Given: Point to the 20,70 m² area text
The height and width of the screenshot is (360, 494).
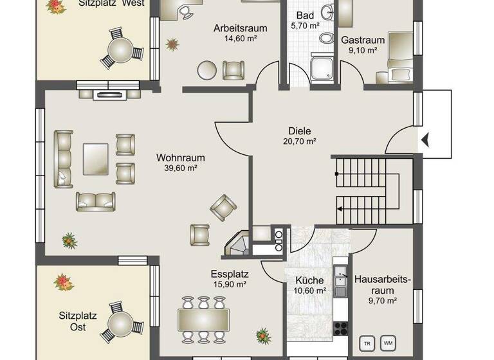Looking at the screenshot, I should [299, 141].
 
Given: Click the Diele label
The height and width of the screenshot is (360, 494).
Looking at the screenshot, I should [299, 129].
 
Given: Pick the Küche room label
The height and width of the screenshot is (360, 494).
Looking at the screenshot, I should [309, 280].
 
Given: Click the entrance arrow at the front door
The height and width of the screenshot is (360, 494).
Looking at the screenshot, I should [425, 137].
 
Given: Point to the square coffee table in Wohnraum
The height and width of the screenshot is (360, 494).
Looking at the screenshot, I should [95, 158].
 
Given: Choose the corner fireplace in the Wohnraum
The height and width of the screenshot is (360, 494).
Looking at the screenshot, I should [236, 244].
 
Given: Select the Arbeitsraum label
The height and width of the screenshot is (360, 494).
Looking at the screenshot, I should [240, 29].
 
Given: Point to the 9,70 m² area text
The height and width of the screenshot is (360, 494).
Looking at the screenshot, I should [382, 300].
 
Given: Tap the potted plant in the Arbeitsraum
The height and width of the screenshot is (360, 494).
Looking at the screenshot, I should [172, 44].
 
